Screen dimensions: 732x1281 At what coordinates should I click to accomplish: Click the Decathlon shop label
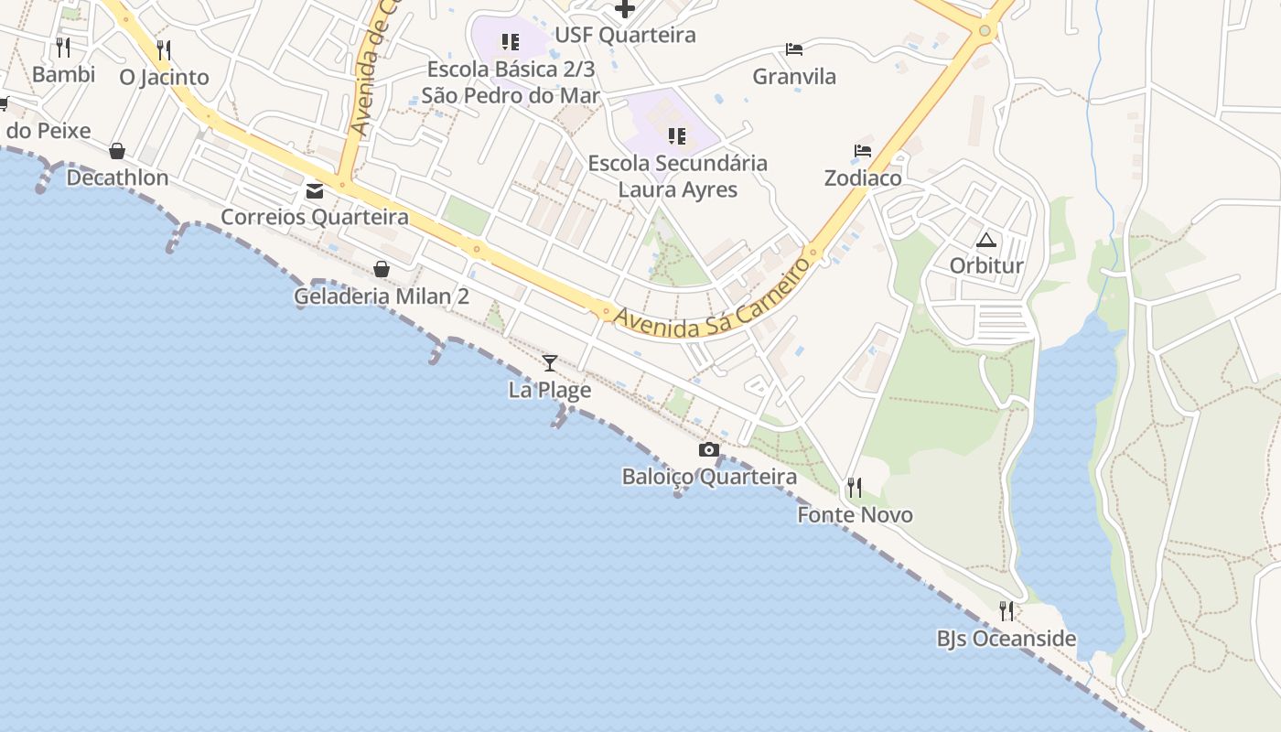[117, 178]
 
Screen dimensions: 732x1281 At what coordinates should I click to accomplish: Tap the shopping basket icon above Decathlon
[117, 151]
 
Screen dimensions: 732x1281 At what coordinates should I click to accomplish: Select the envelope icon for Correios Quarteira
[315, 191]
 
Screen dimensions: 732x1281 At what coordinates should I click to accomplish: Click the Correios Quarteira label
[315, 217]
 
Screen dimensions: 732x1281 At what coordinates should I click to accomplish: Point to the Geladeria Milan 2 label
[382, 296]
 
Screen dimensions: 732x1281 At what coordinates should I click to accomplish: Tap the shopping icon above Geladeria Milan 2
[382, 269]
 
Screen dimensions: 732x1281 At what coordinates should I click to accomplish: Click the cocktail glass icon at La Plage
[550, 363]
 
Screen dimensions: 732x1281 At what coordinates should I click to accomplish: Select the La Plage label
[550, 390]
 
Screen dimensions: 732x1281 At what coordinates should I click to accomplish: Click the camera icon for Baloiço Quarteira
[709, 450]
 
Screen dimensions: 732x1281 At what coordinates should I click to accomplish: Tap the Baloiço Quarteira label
[709, 477]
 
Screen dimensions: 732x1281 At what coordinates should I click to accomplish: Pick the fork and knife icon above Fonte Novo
[855, 488]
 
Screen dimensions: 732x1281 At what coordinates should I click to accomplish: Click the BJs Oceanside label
[1006, 639]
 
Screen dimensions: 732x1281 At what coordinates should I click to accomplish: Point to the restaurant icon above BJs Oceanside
[1006, 611]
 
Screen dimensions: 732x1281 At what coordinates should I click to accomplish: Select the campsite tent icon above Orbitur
[985, 241]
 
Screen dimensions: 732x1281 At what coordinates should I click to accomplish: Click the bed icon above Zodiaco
[863, 151]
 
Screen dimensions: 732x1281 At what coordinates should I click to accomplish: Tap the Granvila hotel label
[794, 77]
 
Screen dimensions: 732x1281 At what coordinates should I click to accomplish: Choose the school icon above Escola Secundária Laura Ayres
[677, 137]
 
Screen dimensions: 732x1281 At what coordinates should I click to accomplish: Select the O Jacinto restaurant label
[165, 77]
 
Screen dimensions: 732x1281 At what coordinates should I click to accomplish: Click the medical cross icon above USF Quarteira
[625, 9]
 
